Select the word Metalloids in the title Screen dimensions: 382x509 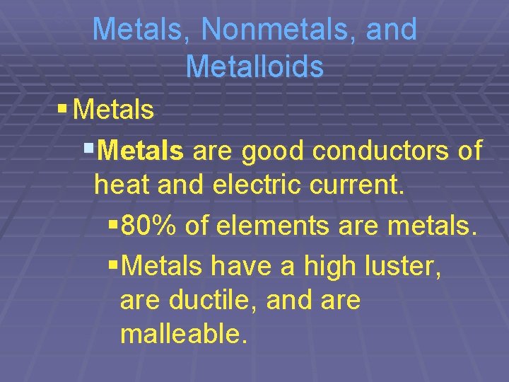pos(255,67)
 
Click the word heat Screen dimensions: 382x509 pos(124,185)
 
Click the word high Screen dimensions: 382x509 pos(329,265)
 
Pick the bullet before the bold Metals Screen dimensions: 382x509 pos(88,149)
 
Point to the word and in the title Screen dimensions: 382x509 pos(391,30)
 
